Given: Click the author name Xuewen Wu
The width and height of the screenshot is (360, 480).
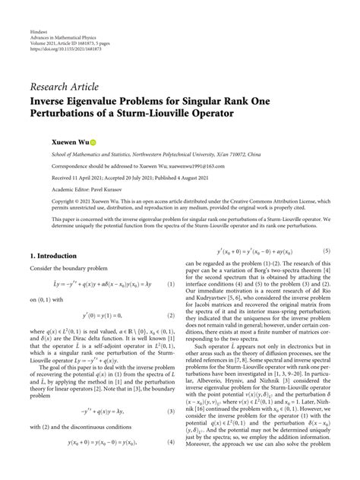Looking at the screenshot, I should click(x=48, y=142).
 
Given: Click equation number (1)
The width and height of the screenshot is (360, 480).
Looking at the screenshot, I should click(x=172, y=284).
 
